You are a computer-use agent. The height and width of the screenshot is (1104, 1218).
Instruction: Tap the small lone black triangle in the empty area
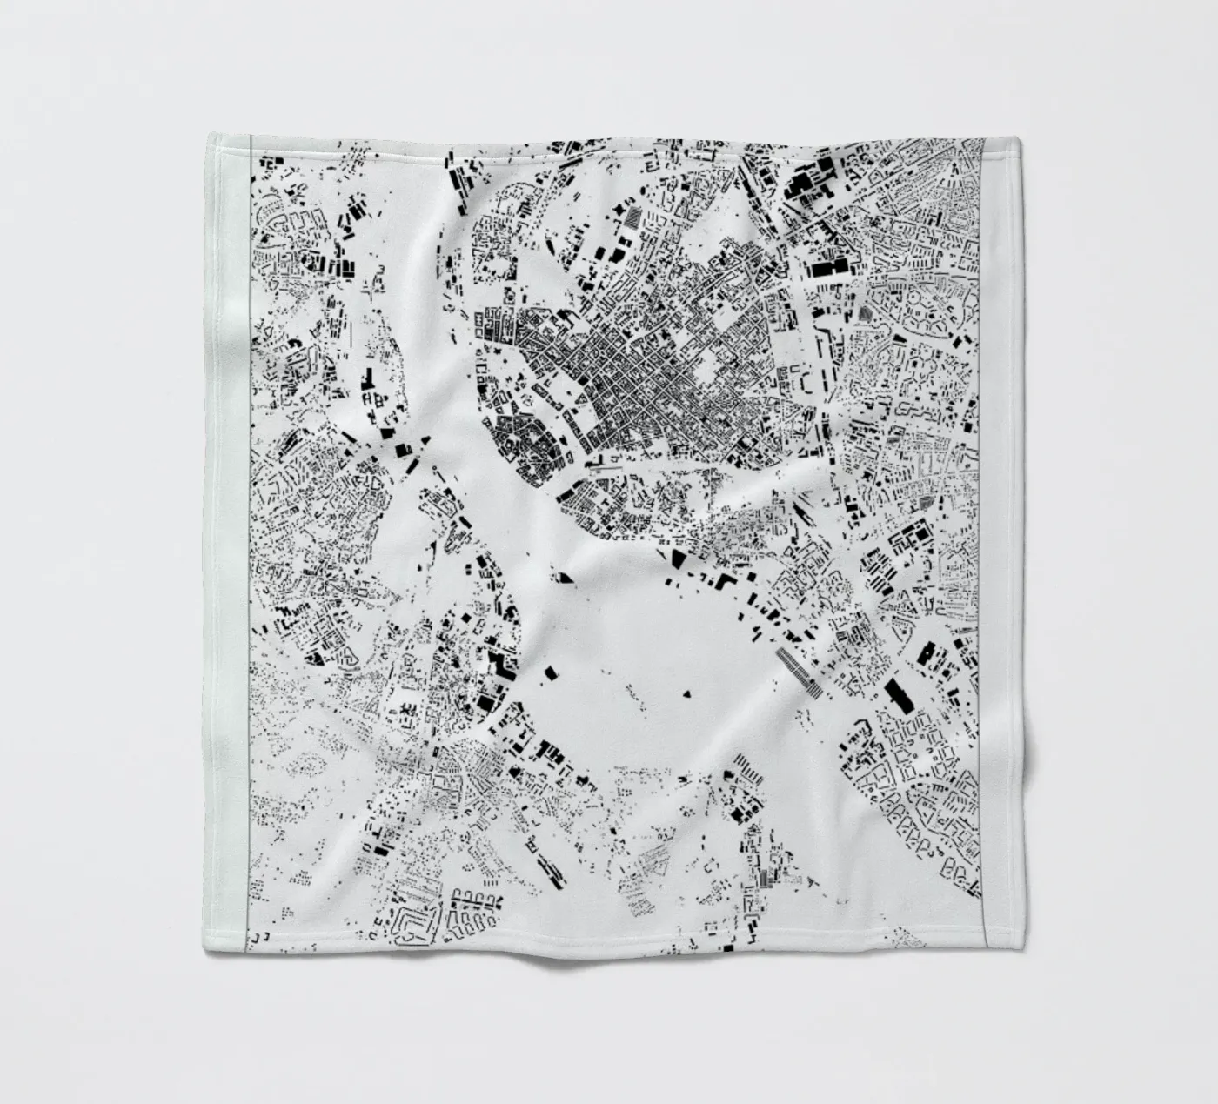(686, 693)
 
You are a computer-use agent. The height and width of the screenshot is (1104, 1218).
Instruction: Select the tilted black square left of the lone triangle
(551, 672)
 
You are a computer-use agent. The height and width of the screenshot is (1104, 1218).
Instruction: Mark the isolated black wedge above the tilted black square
(564, 575)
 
